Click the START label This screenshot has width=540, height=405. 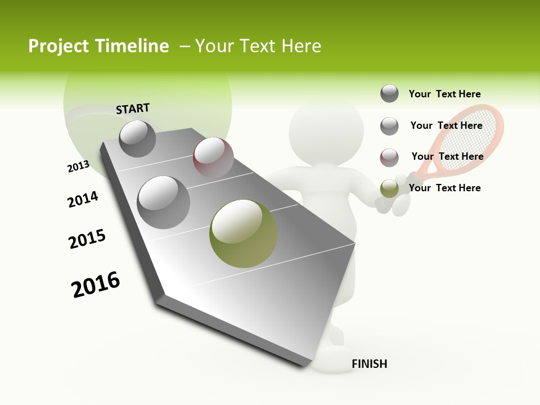click(133, 108)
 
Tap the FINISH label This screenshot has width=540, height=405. click(369, 364)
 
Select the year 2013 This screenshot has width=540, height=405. click(78, 166)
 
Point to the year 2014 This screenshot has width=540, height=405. click(83, 199)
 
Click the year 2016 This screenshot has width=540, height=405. click(96, 285)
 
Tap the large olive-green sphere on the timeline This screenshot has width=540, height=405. click(244, 233)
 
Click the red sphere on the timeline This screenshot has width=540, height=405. click(213, 157)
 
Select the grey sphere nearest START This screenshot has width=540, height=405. click(137, 138)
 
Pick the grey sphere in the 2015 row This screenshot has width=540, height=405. click(163, 202)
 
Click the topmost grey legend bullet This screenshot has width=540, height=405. click(389, 93)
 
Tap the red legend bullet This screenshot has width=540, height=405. click(389, 157)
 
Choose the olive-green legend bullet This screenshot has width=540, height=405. click(389, 188)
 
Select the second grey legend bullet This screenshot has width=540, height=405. click(389, 126)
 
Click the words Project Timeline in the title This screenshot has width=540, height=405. click(98, 46)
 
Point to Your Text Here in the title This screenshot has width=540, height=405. click(258, 46)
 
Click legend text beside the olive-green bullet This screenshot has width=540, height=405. click(444, 188)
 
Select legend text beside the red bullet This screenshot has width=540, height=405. click(447, 156)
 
